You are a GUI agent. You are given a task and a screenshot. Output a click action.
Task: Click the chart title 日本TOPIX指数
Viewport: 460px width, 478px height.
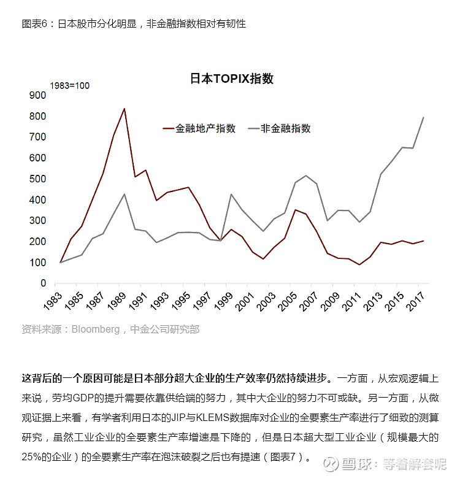(x=231, y=79)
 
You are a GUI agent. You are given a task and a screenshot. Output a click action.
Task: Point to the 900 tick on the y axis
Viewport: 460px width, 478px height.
(x=38, y=96)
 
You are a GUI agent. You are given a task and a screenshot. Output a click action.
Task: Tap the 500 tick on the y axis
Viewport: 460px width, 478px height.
(x=38, y=179)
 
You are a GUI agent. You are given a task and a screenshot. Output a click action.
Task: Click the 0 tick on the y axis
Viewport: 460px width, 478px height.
(x=43, y=283)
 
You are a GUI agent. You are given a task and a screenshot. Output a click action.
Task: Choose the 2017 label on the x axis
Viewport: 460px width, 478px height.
(x=420, y=300)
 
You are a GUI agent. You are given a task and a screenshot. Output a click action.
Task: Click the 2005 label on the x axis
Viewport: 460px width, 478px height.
(x=291, y=300)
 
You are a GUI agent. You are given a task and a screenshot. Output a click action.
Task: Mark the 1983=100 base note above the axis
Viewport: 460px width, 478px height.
(x=69, y=85)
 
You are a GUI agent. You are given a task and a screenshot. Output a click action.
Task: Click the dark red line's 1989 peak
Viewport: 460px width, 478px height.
(x=125, y=109)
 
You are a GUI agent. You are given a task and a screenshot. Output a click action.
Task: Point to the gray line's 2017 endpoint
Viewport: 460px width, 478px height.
(x=424, y=117)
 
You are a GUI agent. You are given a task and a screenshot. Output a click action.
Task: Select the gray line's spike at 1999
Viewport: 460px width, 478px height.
(x=231, y=195)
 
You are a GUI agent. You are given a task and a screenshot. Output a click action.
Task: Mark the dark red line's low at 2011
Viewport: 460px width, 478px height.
(x=359, y=264)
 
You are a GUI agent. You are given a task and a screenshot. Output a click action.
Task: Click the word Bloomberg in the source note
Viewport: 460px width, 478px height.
(x=96, y=330)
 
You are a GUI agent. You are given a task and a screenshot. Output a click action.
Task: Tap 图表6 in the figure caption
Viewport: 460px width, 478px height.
(x=34, y=24)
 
